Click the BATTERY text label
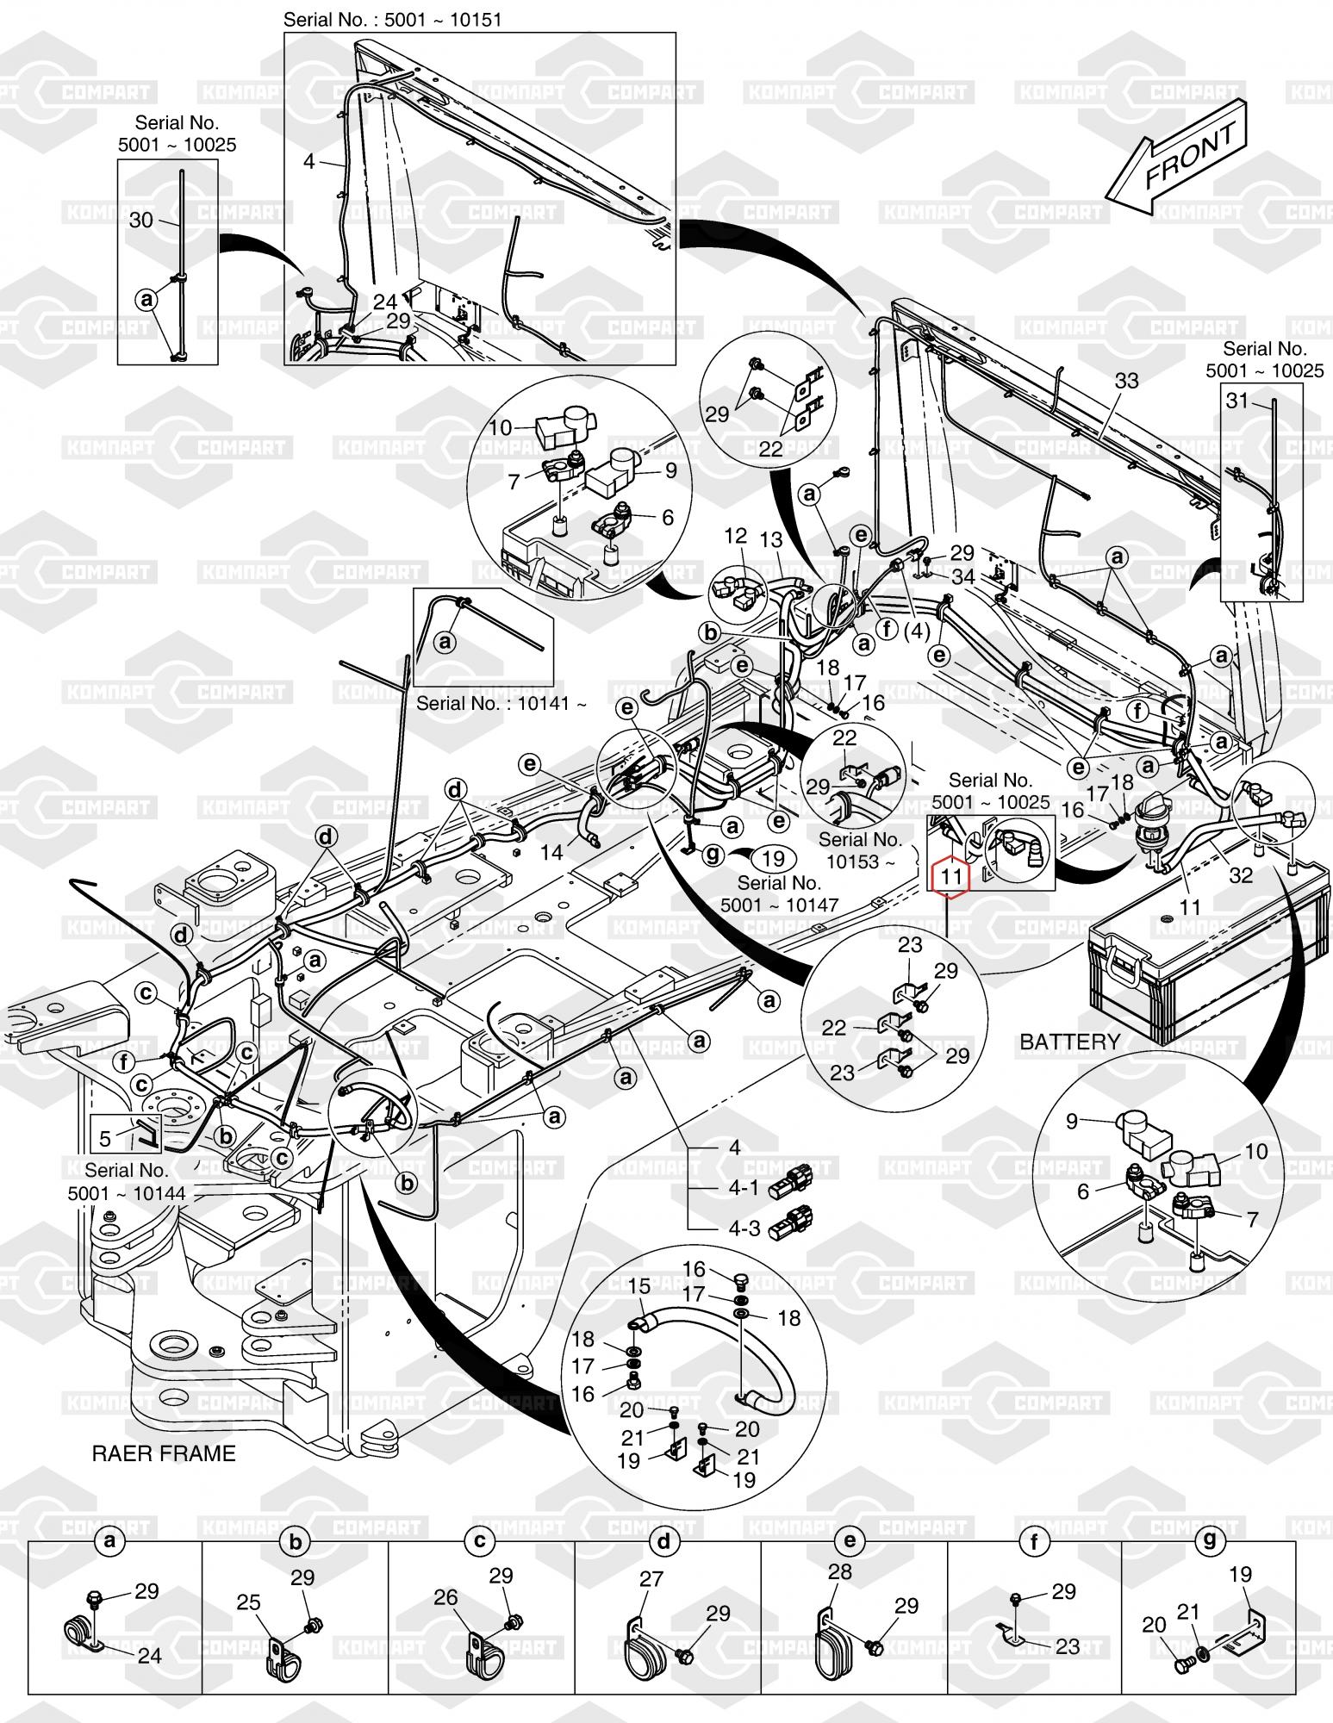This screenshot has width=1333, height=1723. [1069, 1042]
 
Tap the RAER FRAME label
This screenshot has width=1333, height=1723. [164, 1454]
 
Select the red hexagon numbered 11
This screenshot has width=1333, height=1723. [951, 877]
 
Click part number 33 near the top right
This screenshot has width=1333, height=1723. [1127, 381]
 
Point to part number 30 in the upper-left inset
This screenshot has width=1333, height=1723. [140, 221]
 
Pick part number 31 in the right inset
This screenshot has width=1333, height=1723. [1237, 400]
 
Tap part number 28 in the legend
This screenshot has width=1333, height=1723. [839, 1571]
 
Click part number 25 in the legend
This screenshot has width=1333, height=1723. [249, 1602]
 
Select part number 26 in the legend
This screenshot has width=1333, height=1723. [445, 1598]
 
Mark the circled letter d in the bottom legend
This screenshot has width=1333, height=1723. [663, 1542]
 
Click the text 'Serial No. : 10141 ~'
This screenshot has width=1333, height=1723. [502, 703]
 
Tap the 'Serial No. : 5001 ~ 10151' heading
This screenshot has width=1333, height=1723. [392, 19]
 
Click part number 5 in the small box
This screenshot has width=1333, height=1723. [105, 1139]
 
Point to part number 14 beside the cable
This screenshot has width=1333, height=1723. [551, 852]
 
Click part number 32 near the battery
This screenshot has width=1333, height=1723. [1241, 875]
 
